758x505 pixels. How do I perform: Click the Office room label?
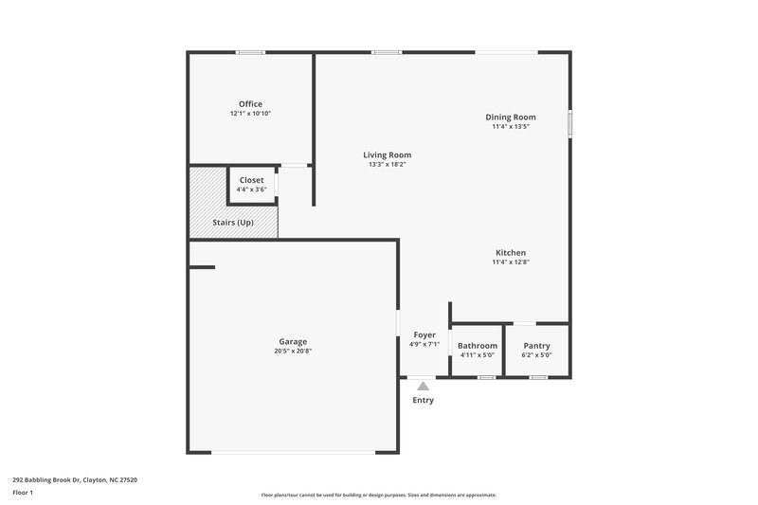250,104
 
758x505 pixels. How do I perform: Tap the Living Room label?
388,154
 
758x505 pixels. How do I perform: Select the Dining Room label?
511,117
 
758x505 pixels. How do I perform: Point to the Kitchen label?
511,253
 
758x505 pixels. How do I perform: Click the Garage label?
293,342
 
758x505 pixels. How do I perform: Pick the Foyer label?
424,335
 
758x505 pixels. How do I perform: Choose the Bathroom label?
477,346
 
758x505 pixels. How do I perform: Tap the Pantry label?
536,346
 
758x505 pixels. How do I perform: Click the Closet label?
251,180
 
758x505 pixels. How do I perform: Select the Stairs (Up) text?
233,222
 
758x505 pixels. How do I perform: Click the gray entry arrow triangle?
423,386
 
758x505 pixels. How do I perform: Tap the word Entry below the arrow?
423,400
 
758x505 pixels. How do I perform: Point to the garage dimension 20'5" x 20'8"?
293,352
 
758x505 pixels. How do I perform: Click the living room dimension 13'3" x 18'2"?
388,164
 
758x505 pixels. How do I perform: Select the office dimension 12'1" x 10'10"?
250,114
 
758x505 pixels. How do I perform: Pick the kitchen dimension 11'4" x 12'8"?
511,262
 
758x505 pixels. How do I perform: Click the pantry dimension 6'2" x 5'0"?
536,355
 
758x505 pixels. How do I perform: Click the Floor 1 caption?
23,493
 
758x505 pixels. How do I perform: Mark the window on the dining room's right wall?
569,124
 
